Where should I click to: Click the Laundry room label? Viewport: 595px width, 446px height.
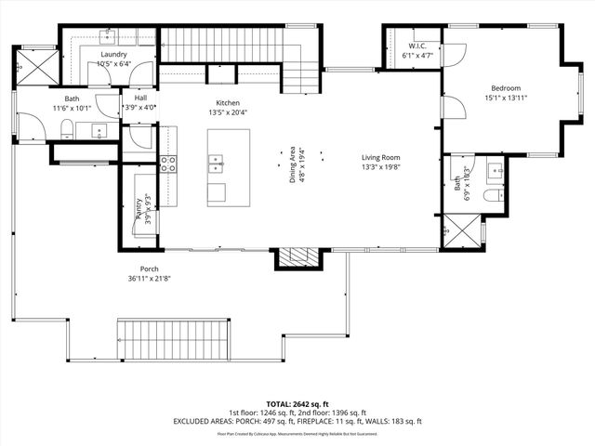coord(114,55)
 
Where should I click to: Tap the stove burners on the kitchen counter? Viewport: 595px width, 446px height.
coord(169,164)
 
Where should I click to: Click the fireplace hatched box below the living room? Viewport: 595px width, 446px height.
coord(298,257)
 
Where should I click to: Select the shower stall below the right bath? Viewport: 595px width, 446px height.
coord(461,230)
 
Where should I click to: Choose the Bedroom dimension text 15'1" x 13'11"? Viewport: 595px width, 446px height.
coord(505,98)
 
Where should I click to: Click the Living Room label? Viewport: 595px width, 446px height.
coord(380,157)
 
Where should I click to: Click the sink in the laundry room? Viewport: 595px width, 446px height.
coord(107,38)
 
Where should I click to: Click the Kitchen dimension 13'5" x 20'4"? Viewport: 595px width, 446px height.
coord(228,112)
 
